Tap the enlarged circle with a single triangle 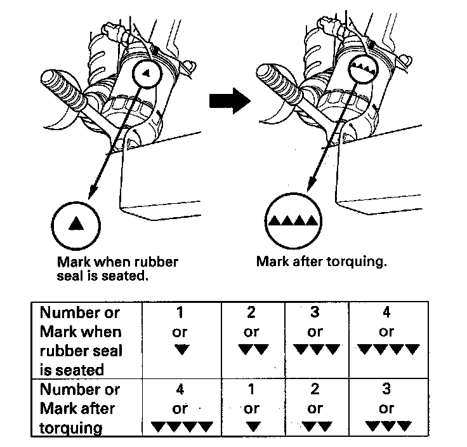[x=76, y=223]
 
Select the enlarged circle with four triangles [x=293, y=222]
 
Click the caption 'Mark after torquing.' [x=322, y=262]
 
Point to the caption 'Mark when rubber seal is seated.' [x=117, y=268]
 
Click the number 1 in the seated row [x=181, y=313]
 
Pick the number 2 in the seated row [x=252, y=313]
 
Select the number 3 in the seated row [x=315, y=313]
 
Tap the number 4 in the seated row [x=386, y=313]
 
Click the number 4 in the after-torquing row [x=181, y=389]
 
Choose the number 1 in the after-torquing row [x=252, y=389]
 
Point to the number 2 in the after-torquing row [x=315, y=389]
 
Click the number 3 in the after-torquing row [x=386, y=389]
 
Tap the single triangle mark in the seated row [x=181, y=349]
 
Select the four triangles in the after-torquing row [x=181, y=426]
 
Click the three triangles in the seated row [x=315, y=349]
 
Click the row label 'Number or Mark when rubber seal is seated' [x=81, y=340]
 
